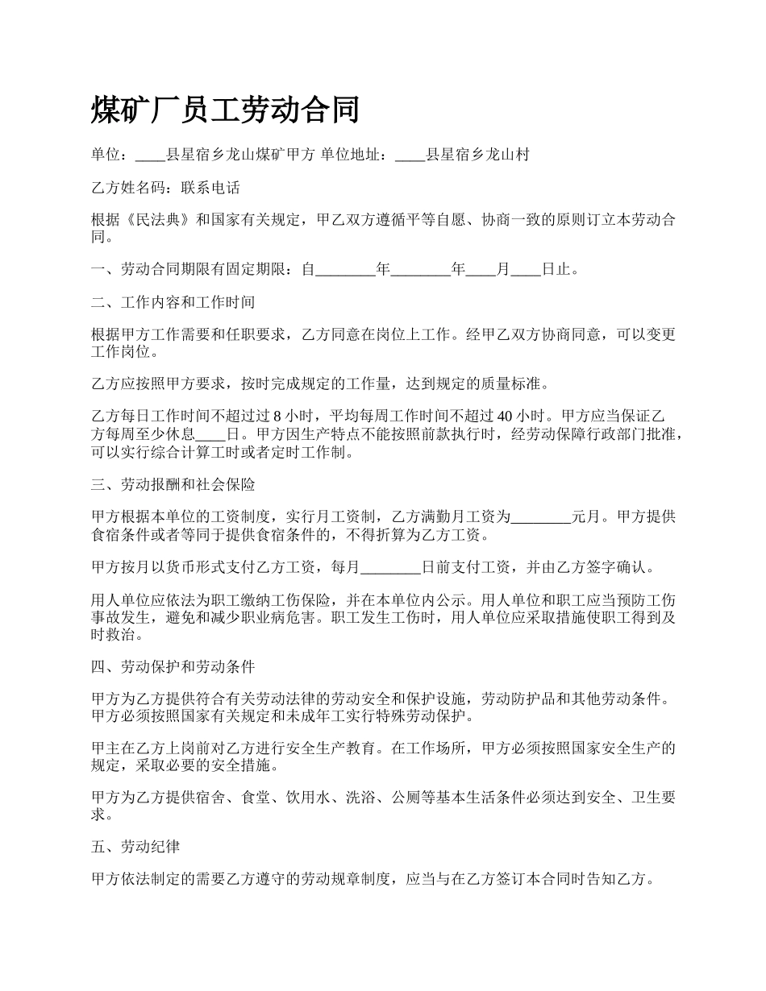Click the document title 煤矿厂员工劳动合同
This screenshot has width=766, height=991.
225,110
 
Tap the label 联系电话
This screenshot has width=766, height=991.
210,188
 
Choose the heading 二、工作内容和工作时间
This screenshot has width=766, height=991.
173,302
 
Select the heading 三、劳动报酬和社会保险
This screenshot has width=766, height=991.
173,485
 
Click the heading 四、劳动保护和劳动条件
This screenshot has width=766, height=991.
173,667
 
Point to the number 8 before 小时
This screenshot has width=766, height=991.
277,417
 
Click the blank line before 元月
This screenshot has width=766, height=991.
541,516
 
